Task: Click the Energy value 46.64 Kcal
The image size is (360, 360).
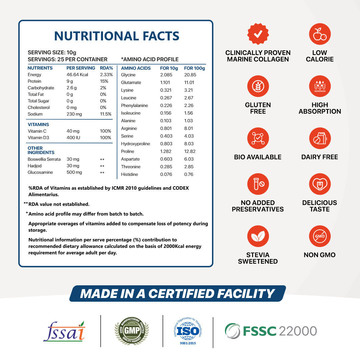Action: tap(77, 75)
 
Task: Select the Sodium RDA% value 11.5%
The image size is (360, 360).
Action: tap(106, 114)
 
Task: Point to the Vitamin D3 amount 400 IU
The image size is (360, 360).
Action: tap(73, 138)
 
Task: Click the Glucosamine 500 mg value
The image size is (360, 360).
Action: tap(74, 172)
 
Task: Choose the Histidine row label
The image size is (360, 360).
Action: tap(129, 174)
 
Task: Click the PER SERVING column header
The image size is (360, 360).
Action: tap(81, 68)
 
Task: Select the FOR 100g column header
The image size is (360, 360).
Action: tap(194, 68)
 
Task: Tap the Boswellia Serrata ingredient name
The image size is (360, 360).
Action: tap(44, 159)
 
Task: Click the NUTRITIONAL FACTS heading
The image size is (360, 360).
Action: tap(117, 36)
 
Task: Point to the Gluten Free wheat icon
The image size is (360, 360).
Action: tap(258, 86)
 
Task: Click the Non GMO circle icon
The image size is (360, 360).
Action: tap(320, 236)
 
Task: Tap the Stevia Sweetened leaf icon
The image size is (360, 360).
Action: tap(258, 236)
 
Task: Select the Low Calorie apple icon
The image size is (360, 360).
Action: tap(320, 34)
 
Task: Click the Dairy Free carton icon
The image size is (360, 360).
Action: tap(320, 138)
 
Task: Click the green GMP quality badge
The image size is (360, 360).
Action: tap(131, 331)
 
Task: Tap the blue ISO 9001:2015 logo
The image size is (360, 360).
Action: tap(188, 331)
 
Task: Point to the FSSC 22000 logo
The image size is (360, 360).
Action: tap(270, 331)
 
